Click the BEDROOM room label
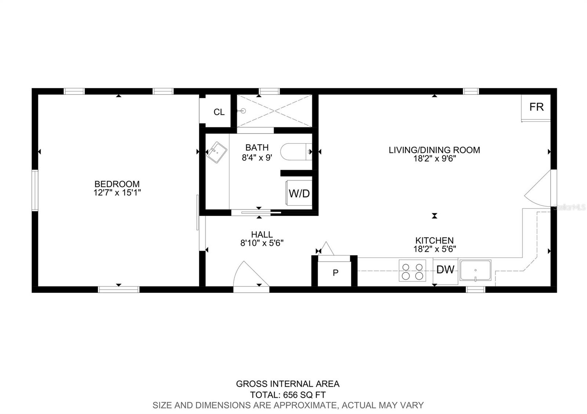pyautogui.click(x=117, y=184)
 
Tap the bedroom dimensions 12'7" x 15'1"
pyautogui.click(x=117, y=193)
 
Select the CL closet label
pyautogui.click(x=219, y=112)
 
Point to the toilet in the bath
pyautogui.click(x=295, y=152)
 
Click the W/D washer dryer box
pyautogui.click(x=299, y=193)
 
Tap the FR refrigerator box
pyautogui.click(x=536, y=107)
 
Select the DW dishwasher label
pyautogui.click(x=445, y=270)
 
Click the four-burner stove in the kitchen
pyautogui.click(x=412, y=270)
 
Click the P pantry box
pyautogui.click(x=335, y=273)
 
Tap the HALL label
pyautogui.click(x=262, y=234)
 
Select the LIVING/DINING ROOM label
pyautogui.click(x=434, y=150)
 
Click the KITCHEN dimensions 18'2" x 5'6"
pyautogui.click(x=434, y=249)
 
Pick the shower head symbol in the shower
pyautogui.click(x=243, y=111)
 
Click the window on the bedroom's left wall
pyautogui.click(x=35, y=190)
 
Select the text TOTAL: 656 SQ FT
pyautogui.click(x=288, y=395)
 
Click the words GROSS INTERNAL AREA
pyautogui.click(x=288, y=384)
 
